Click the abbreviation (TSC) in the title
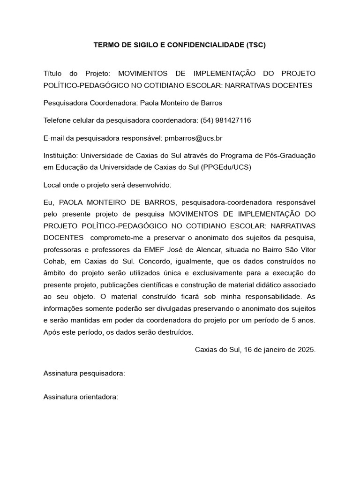pyautogui.click(x=255, y=45)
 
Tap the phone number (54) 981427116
pyautogui.click(x=225, y=120)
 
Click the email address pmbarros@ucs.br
pyautogui.click(x=194, y=138)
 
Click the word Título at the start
pyautogui.click(x=52, y=74)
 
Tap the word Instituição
pyautogui.click(x=61, y=156)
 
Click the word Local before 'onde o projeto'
pyautogui.click(x=52, y=185)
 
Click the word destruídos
pyautogui.click(x=173, y=332)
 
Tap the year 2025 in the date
pyautogui.click(x=306, y=350)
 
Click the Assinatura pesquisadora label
pyautogui.click(x=84, y=373)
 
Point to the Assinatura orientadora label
pyautogui.click(x=81, y=397)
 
